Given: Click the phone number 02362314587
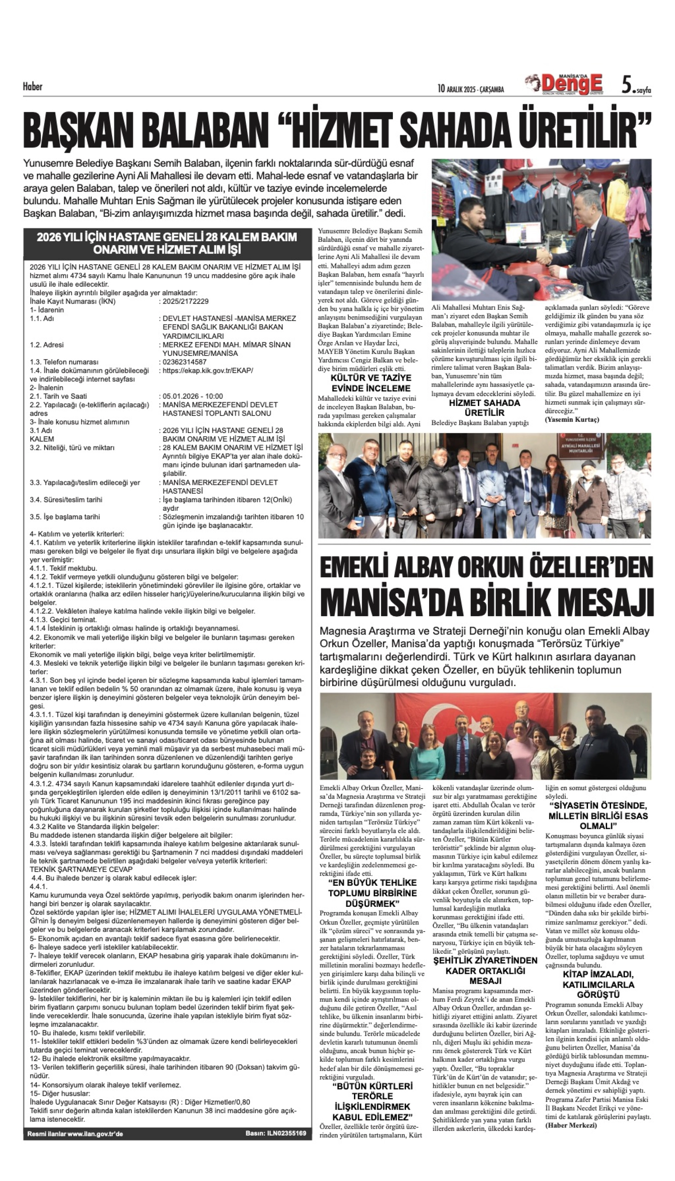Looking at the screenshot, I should [184, 362].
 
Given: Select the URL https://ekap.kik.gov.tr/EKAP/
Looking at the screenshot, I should [208, 370].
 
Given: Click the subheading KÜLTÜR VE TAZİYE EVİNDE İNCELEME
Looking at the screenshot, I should [371, 383].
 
